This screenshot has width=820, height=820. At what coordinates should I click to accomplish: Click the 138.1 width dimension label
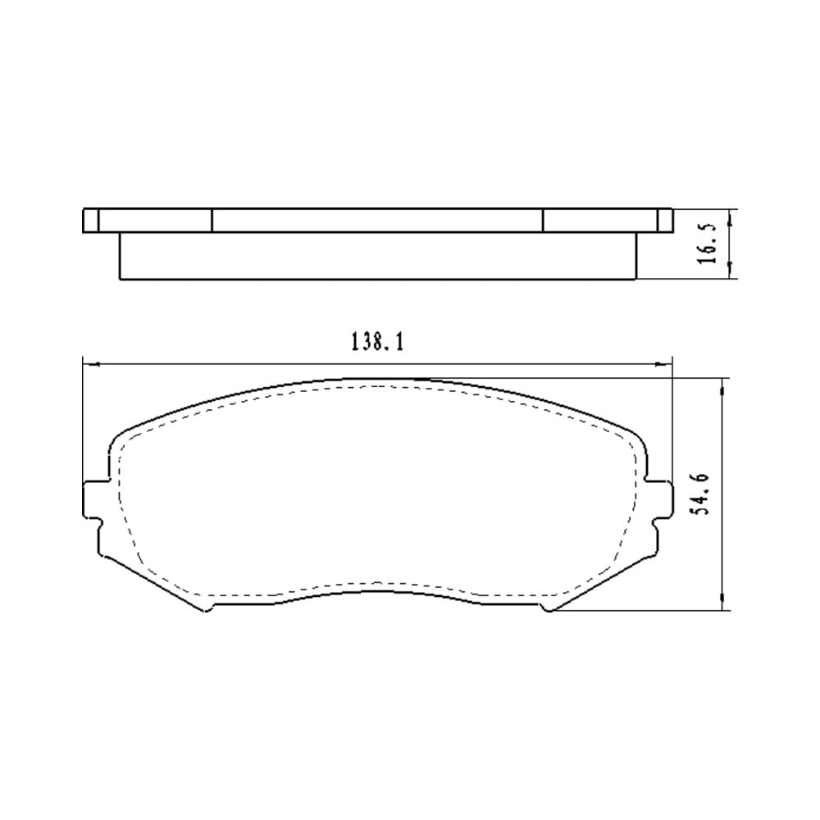pos(377,342)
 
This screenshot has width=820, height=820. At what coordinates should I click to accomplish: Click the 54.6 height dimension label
pos(699,494)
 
